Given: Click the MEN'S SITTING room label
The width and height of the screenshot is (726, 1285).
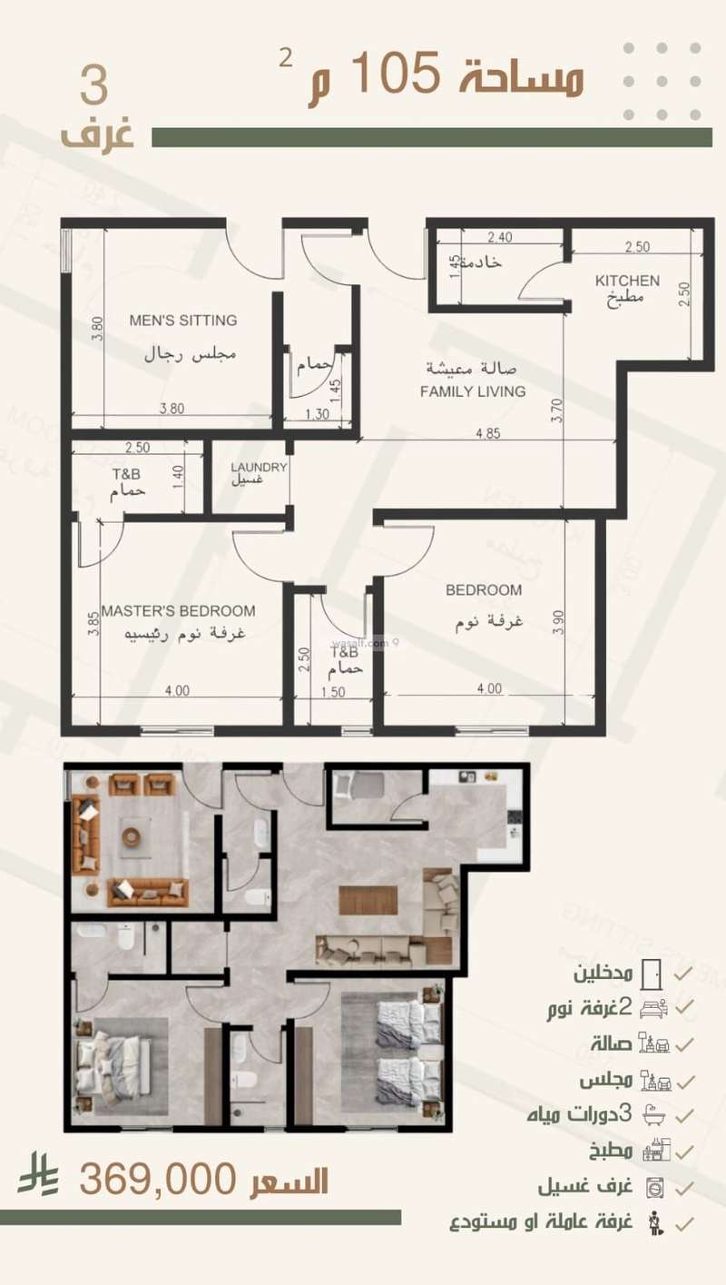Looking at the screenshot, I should pyautogui.click(x=182, y=320).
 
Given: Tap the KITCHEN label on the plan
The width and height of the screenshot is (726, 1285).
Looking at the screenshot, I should pyautogui.click(x=627, y=281).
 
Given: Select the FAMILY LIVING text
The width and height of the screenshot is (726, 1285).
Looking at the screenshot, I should pyautogui.click(x=473, y=391).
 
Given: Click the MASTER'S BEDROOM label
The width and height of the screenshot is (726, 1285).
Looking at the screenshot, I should pyautogui.click(x=178, y=611).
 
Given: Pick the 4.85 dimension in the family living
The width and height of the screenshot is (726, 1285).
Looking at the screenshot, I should pyautogui.click(x=487, y=432).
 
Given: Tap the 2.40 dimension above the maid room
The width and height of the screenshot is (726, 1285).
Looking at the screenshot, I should pyautogui.click(x=500, y=238).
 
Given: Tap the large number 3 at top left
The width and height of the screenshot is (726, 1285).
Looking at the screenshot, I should pyautogui.click(x=94, y=87).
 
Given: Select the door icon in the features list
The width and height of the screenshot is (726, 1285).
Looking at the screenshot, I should pyautogui.click(x=652, y=974).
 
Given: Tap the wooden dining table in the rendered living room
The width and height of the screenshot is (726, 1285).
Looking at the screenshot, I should pyautogui.click(x=368, y=900).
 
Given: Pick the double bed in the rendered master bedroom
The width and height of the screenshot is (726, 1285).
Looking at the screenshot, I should pyautogui.click(x=111, y=1063).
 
